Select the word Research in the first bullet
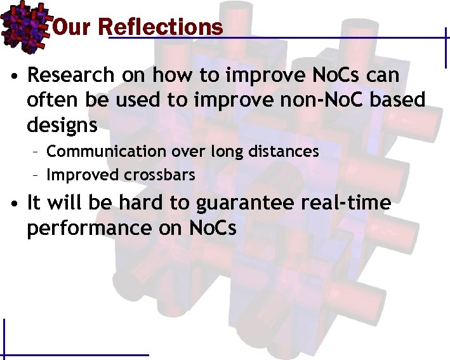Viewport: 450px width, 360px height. point(70,76)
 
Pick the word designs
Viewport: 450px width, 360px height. point(62,125)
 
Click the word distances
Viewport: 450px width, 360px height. point(286,151)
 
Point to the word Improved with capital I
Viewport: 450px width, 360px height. point(80,175)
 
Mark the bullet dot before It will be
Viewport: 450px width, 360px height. point(13,204)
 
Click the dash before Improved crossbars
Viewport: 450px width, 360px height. point(37,175)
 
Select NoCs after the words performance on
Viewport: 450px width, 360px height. point(213,227)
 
